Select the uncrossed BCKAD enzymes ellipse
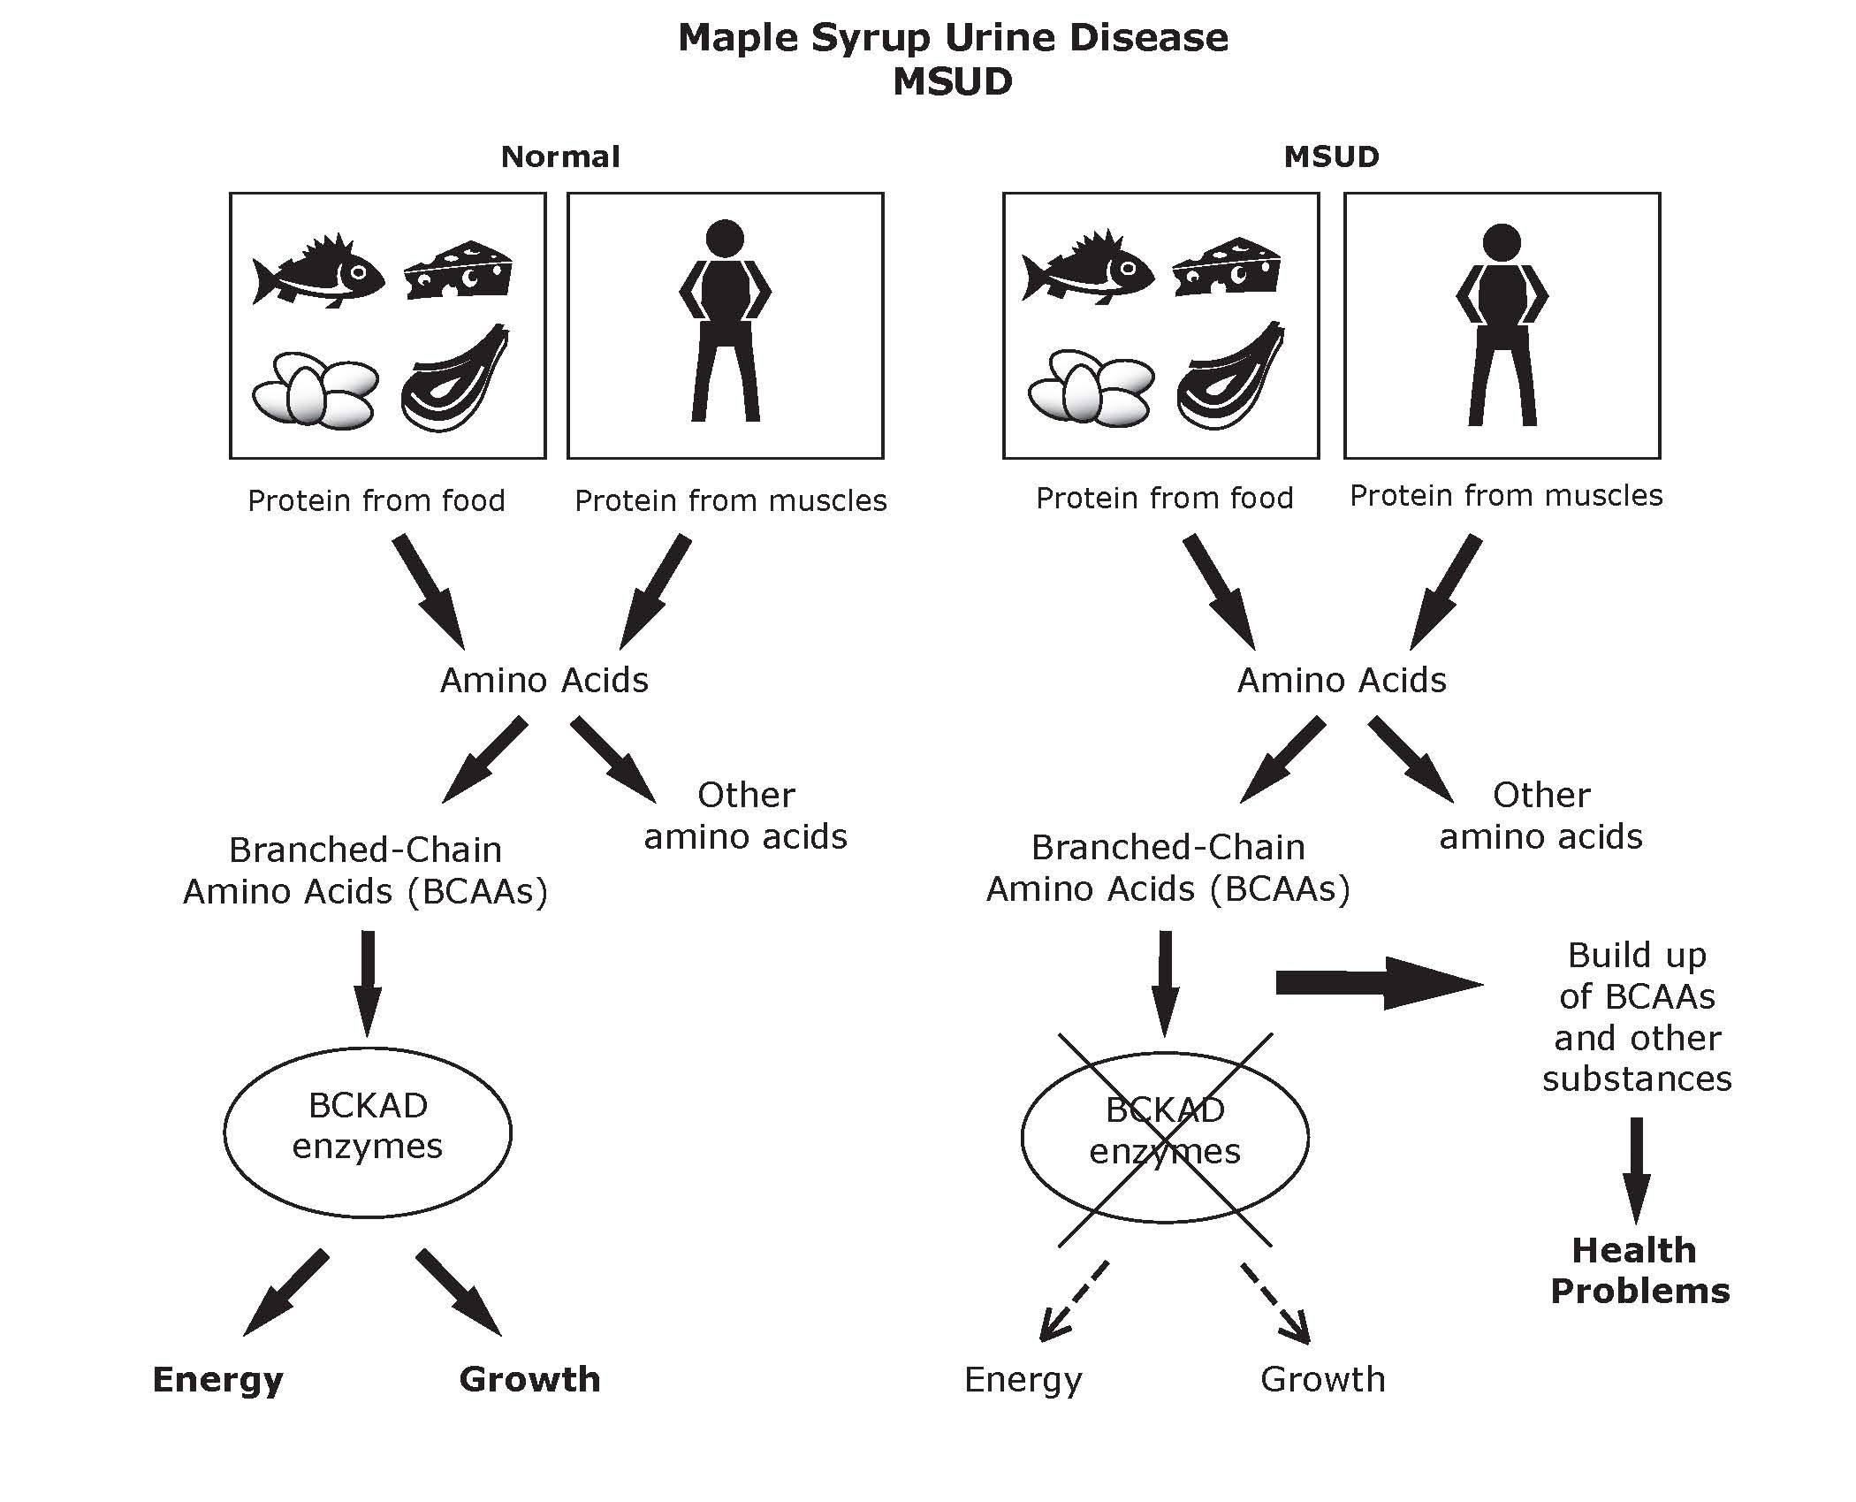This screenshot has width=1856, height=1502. [x=368, y=1132]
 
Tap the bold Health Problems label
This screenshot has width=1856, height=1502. [x=1639, y=1270]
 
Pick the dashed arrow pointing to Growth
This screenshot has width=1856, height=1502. [x=1275, y=1302]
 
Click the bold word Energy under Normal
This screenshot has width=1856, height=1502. [x=218, y=1379]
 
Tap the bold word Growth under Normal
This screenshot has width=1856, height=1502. [x=529, y=1379]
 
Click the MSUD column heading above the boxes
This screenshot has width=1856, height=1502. [x=1331, y=157]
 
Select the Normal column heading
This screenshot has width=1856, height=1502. [x=560, y=157]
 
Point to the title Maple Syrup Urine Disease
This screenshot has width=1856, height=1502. [x=953, y=38]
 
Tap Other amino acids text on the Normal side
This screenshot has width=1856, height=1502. [x=745, y=815]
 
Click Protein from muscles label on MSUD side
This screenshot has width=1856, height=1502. [x=1506, y=496]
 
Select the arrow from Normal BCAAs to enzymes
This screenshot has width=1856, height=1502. [x=368, y=981]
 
